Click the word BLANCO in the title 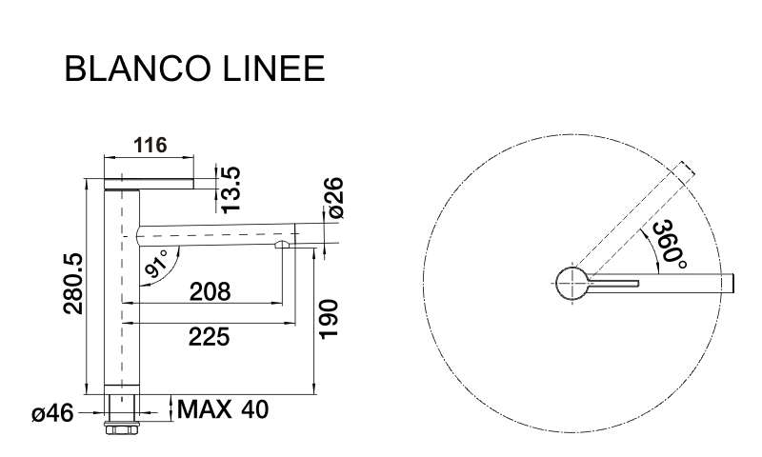click(137, 69)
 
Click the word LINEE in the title click(274, 69)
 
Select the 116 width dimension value click(150, 145)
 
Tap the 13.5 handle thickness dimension click(231, 189)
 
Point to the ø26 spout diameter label click(335, 198)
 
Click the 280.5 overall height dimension click(74, 284)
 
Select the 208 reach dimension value click(210, 292)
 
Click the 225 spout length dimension click(209, 337)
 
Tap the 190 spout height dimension click(328, 319)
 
